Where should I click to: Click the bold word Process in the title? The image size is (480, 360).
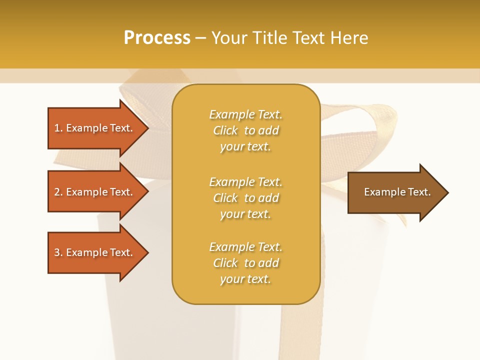click(157, 38)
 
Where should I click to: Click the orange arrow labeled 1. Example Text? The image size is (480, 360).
click(95, 128)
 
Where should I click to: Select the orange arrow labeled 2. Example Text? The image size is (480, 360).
click(95, 192)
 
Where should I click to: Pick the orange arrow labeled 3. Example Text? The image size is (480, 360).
click(95, 252)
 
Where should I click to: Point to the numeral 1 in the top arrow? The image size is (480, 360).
click(57, 128)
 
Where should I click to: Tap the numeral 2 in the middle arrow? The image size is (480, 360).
click(57, 192)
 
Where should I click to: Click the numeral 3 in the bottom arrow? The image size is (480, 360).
click(57, 252)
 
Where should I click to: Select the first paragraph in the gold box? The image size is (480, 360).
click(245, 130)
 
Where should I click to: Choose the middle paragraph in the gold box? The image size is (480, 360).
click(245, 198)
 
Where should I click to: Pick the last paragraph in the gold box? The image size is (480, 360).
click(245, 263)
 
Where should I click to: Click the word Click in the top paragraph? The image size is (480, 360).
click(225, 130)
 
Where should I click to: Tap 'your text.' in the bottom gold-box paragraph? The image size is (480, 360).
click(245, 279)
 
